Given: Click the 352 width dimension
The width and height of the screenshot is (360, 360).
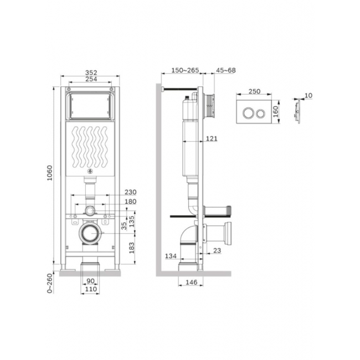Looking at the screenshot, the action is coord(91,73).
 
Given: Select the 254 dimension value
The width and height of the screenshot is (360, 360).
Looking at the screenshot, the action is coord(91,79).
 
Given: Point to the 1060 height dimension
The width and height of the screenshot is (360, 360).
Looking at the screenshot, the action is coord(50,173).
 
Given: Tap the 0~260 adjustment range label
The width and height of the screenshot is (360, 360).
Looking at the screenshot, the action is coord(50,284).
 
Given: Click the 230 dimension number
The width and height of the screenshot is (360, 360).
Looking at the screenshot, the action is coord(130,192).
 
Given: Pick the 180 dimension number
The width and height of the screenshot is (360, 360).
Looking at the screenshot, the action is coord(130,202).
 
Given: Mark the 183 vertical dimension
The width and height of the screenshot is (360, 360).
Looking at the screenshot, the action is coord(132,248).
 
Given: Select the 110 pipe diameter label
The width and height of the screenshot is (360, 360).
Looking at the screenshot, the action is coord(91,289).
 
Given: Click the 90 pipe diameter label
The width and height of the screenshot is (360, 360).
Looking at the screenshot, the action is coord(90,281).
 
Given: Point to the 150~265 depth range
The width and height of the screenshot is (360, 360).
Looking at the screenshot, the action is coord(185,70).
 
